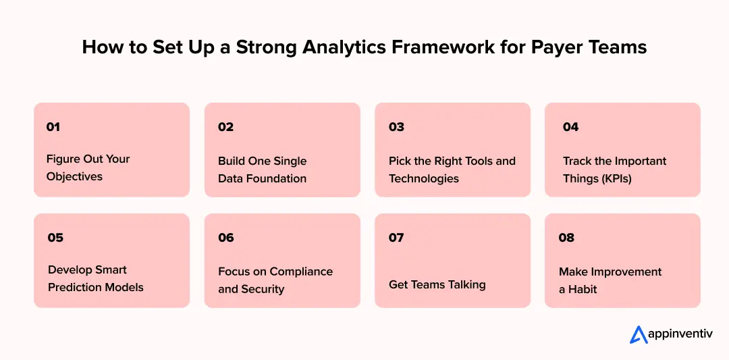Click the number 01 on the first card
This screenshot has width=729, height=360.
[x=53, y=127]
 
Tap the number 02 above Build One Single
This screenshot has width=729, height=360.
[x=225, y=127]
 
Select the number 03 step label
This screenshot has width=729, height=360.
[x=396, y=127]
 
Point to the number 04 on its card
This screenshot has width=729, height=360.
[x=570, y=127]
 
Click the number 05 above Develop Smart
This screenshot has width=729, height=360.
[x=55, y=238]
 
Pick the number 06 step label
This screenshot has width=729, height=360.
[x=226, y=238]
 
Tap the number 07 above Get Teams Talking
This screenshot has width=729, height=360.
[x=396, y=238]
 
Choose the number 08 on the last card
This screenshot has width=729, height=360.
[x=566, y=238]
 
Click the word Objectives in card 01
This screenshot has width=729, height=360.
[x=74, y=176]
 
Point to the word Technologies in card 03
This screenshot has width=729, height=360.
[x=424, y=179]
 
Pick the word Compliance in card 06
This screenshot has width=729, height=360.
[x=301, y=272]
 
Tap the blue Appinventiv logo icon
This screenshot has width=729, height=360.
[x=638, y=334]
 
